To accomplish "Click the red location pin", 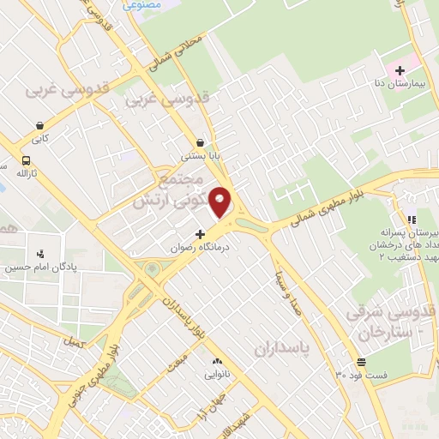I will pos(221,201).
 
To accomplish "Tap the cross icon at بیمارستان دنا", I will pos(400,68).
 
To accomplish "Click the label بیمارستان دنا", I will pos(392,83).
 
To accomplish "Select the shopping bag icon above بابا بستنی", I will pos(201,142).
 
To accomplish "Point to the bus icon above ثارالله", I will pos(27,160).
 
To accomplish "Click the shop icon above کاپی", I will pos(41,123).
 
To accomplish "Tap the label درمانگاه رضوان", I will pos(203,246).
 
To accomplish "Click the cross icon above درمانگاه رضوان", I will pos(201,233).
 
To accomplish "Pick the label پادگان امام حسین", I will pos(33,268).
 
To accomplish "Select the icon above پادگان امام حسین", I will pos(40,253).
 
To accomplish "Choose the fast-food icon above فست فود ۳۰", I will pos(361,361).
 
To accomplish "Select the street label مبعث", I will pos(177,361).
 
